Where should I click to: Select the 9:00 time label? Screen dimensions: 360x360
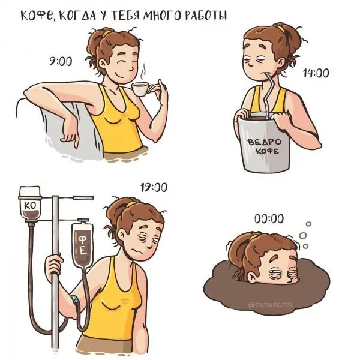[x=61, y=61]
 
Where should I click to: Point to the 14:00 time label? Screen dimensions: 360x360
[x=316, y=73]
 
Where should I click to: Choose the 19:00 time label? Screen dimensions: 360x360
[x=154, y=187]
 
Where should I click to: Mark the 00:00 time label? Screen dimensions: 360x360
[x=269, y=218]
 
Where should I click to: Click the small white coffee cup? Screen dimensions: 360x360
[x=140, y=89]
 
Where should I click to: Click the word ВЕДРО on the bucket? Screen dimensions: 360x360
[x=265, y=142]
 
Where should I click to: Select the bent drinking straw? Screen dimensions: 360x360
[x=269, y=97]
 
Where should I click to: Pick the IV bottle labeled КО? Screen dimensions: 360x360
[x=30, y=204]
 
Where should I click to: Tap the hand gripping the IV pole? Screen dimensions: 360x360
[x=54, y=266]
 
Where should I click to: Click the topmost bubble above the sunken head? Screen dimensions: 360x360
[x=308, y=224]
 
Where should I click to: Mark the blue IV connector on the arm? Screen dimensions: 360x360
[x=75, y=299]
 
